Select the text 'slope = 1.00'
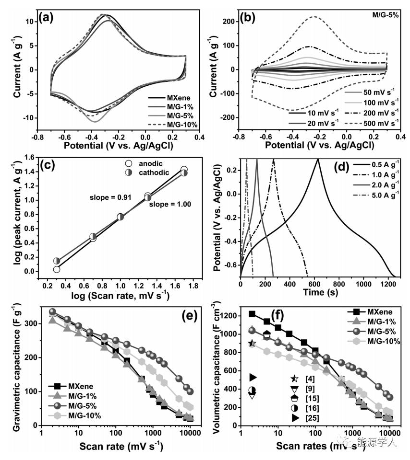(169, 205)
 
